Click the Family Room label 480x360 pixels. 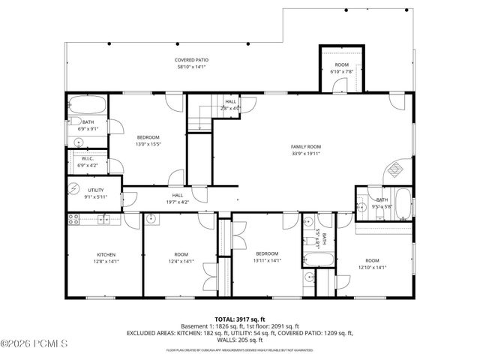(x=306, y=149)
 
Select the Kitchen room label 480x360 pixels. (x=105, y=257)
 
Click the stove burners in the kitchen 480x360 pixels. (x=74, y=219)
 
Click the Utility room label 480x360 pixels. (x=95, y=193)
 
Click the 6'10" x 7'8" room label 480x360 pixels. (x=341, y=68)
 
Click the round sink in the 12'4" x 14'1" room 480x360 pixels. (x=152, y=219)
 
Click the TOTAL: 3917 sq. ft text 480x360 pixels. (x=239, y=319)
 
